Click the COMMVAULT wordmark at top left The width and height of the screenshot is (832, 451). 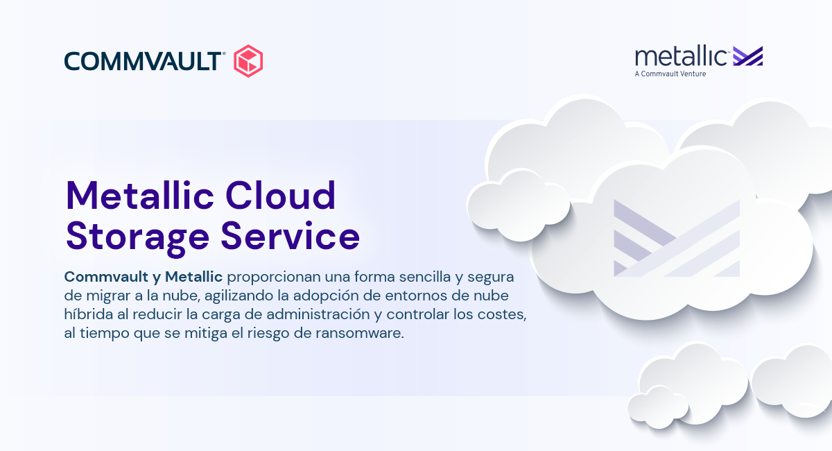click(x=144, y=61)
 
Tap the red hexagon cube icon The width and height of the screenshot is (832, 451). click(x=249, y=60)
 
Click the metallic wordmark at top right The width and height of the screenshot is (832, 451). click(x=682, y=56)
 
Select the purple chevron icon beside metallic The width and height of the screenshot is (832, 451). click(x=748, y=56)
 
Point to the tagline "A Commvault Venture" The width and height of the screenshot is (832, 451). click(x=670, y=74)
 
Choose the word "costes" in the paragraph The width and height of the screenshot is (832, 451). click(x=501, y=315)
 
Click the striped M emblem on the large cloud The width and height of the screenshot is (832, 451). click(x=677, y=238)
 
